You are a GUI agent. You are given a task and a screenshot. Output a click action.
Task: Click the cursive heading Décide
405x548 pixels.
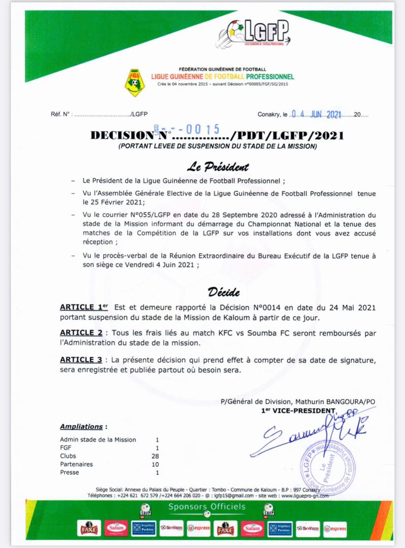[224, 292]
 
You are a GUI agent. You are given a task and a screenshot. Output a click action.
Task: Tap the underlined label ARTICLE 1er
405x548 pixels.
[84, 307]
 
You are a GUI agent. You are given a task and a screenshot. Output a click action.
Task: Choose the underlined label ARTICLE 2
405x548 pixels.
[81, 332]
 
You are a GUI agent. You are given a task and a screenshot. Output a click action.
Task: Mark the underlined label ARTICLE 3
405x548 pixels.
[81, 360]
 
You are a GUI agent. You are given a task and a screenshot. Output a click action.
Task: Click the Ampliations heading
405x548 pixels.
[81, 427]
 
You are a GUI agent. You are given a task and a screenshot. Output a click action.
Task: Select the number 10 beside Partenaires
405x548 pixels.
[156, 464]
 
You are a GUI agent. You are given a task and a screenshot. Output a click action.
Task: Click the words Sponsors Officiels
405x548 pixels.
[207, 506]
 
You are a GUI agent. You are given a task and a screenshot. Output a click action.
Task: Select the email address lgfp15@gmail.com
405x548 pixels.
[232, 495]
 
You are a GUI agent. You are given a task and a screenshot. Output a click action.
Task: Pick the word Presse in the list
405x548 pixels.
[70, 472]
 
